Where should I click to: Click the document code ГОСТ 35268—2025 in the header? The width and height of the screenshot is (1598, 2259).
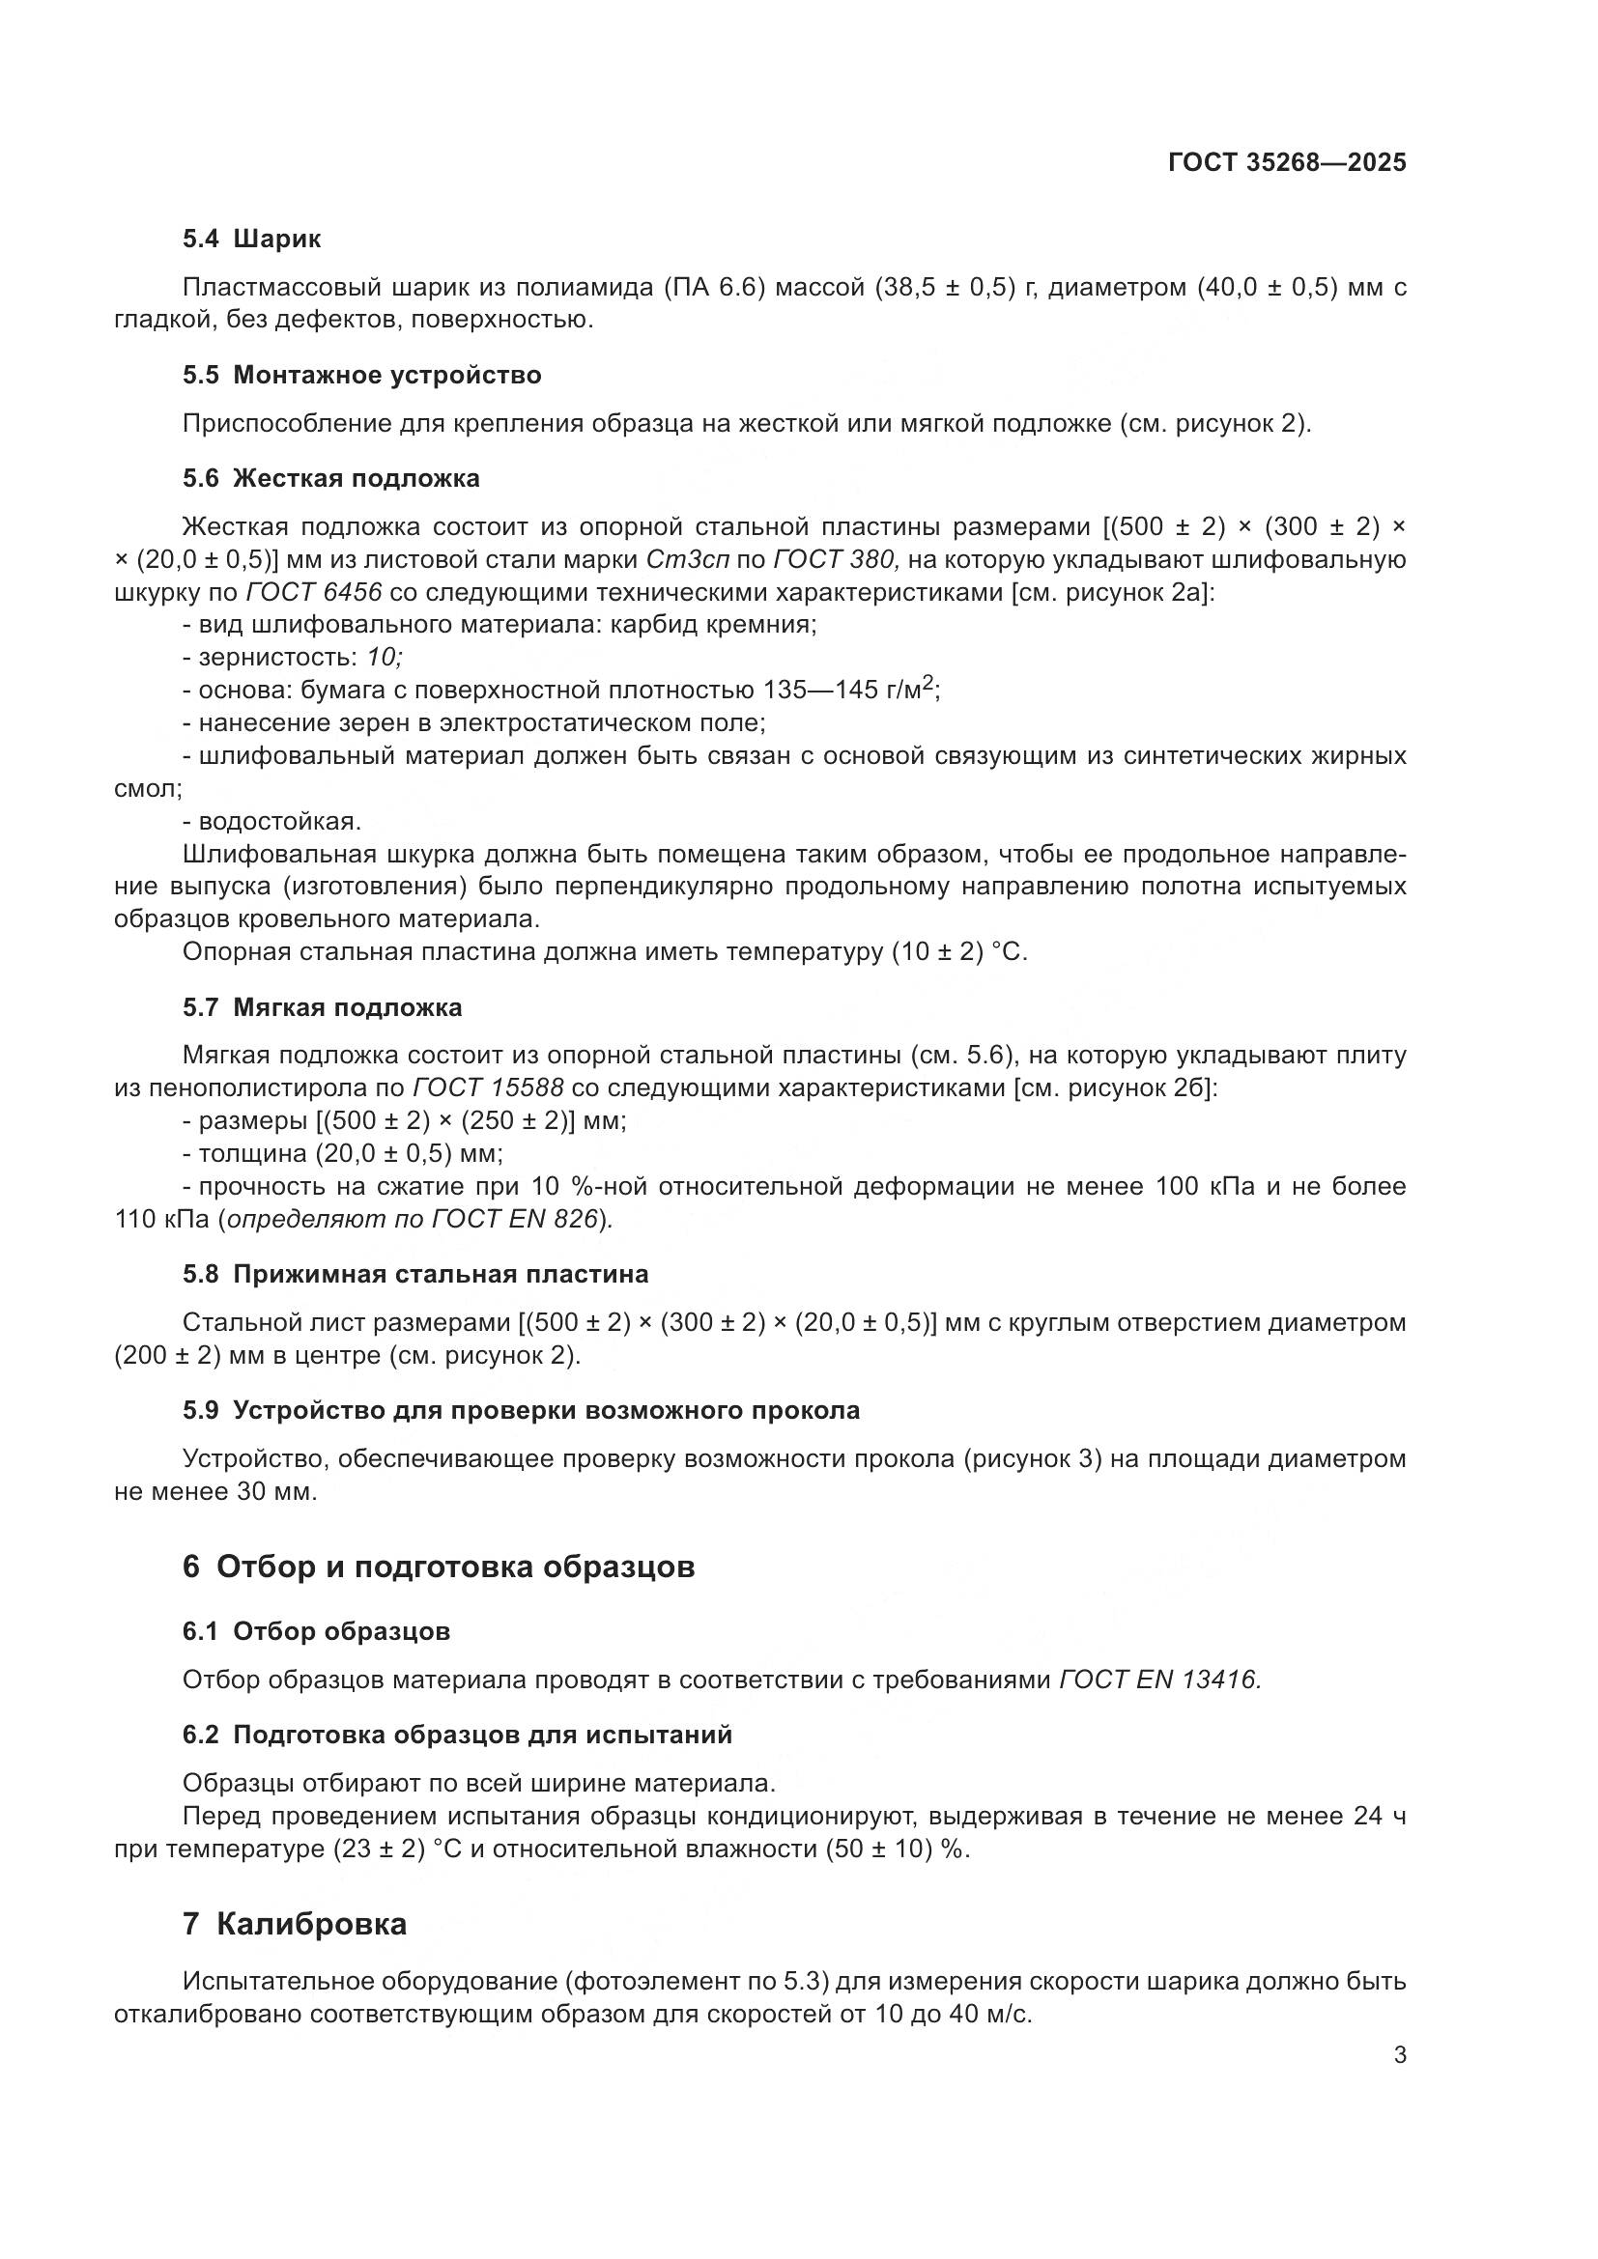(1286, 163)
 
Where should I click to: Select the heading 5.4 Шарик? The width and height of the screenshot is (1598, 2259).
(252, 240)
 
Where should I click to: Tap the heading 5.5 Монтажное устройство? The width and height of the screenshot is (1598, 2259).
(361, 375)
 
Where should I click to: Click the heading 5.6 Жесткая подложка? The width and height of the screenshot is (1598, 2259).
(330, 478)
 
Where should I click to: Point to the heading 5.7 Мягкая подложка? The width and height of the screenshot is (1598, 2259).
(322, 1007)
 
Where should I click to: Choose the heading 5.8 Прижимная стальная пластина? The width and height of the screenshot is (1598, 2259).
(414, 1274)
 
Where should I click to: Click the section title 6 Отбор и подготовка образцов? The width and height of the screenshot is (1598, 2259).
(438, 1567)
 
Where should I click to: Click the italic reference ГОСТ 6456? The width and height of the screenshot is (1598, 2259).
(313, 592)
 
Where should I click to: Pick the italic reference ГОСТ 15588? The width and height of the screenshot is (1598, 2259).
(487, 1088)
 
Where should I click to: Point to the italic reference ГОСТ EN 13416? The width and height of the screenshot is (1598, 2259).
(1159, 1680)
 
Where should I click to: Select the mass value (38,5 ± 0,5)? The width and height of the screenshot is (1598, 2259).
(944, 288)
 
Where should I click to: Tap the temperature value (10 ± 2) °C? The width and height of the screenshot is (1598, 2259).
(958, 952)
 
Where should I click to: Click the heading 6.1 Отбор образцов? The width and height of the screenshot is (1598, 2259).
(316, 1631)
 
